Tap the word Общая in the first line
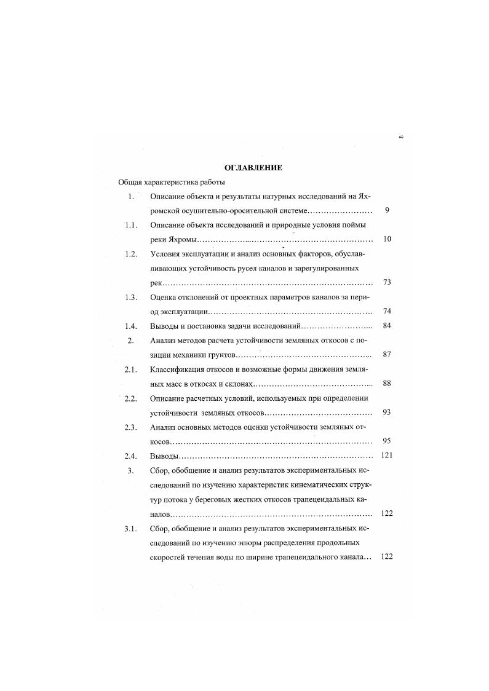tap(131, 183)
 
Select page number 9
tap(387, 211)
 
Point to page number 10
tap(387, 239)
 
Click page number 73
tap(387, 283)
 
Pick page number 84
tap(387, 326)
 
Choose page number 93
tap(387, 413)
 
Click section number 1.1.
tap(130, 225)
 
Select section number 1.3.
tap(130, 298)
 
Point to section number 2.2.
tap(130, 398)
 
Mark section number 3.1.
tap(130, 529)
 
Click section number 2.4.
tap(130, 456)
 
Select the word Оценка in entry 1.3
tap(163, 298)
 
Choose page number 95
tap(387, 441)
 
